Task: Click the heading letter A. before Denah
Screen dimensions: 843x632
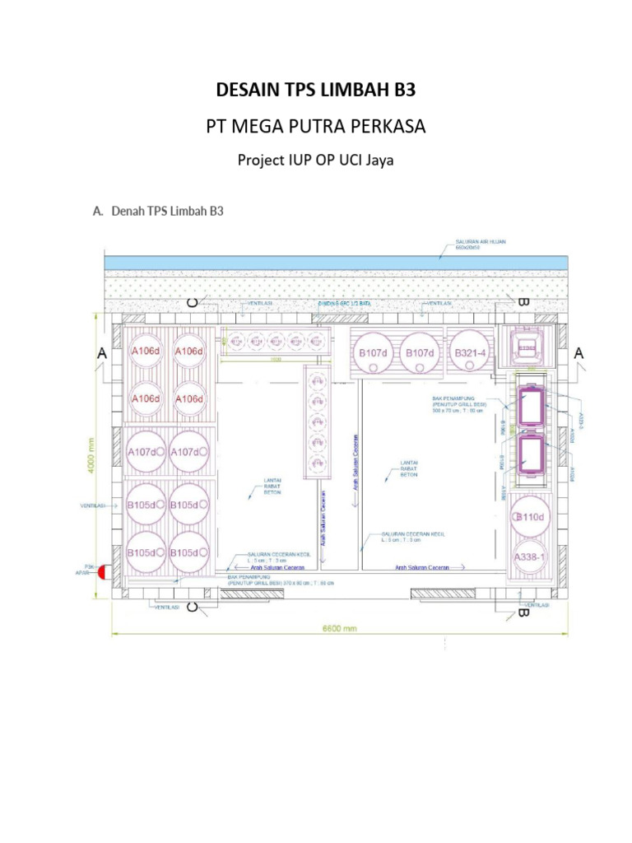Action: (x=98, y=212)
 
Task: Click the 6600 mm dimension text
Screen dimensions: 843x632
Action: (x=338, y=628)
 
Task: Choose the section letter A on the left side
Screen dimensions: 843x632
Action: (x=102, y=352)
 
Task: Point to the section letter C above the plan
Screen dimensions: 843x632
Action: (x=192, y=302)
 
